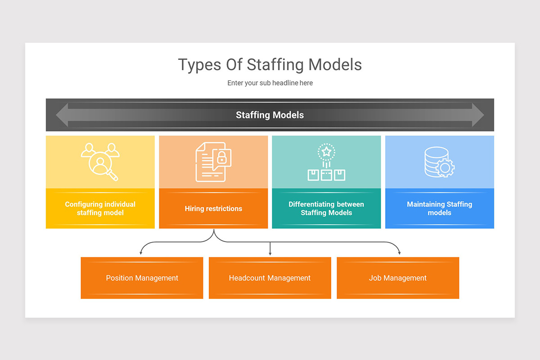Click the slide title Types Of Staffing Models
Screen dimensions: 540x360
270,65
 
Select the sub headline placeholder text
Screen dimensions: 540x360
270,83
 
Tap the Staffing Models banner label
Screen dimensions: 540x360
270,115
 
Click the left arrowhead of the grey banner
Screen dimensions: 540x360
62,115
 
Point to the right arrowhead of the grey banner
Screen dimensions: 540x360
478,115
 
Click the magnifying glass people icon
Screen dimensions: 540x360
100,162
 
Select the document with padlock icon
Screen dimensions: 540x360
213,162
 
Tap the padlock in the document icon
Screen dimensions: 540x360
222,157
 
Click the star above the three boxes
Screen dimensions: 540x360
326,152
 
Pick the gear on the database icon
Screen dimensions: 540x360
445,168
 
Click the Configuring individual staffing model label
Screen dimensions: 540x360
100,208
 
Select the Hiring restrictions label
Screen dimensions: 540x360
213,208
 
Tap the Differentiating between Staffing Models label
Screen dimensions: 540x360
326,208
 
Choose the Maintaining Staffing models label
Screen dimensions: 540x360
440,208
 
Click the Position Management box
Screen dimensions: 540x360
142,278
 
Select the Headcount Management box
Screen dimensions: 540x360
270,278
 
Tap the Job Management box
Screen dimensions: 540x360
398,278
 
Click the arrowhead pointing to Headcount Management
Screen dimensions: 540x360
270,253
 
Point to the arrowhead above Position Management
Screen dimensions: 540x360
141,253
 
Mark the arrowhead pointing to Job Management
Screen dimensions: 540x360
400,253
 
